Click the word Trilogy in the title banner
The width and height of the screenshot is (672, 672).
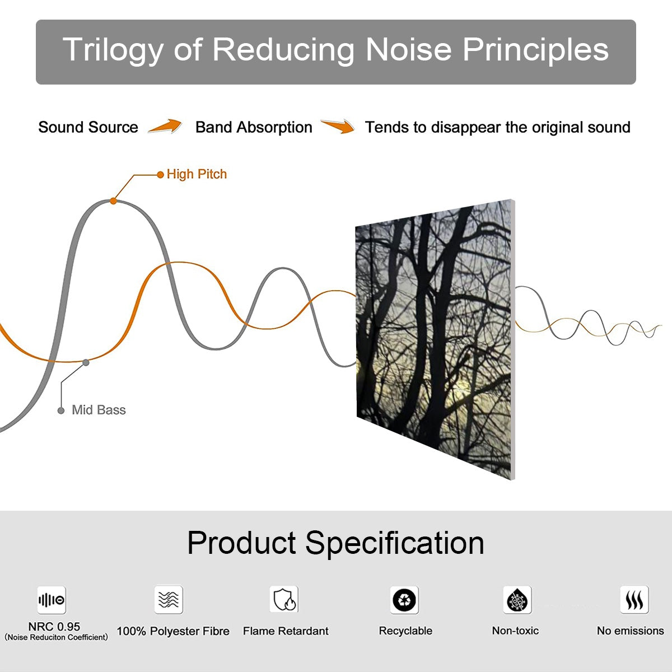[113, 50]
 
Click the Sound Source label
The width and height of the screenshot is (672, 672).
[88, 127]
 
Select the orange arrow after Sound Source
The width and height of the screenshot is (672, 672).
[165, 127]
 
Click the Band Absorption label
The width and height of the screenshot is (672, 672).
[254, 127]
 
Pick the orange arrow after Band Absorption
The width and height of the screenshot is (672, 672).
[338, 127]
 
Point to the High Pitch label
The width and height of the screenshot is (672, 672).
[197, 174]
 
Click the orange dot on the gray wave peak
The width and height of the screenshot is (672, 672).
[114, 200]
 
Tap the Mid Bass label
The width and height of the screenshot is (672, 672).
[99, 410]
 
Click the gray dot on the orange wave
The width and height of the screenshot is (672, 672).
[86, 362]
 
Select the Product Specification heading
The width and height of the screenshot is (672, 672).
[335, 543]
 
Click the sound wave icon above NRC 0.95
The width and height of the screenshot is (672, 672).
[52, 600]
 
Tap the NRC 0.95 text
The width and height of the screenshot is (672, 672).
[54, 627]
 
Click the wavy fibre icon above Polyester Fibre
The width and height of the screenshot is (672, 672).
[169, 600]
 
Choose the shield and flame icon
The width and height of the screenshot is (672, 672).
[284, 600]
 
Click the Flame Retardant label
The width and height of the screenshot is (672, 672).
[286, 631]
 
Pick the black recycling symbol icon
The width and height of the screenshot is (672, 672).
[404, 600]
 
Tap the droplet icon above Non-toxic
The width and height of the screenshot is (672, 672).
[517, 600]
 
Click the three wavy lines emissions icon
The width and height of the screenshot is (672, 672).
[634, 600]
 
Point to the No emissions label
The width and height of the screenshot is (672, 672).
[630, 631]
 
